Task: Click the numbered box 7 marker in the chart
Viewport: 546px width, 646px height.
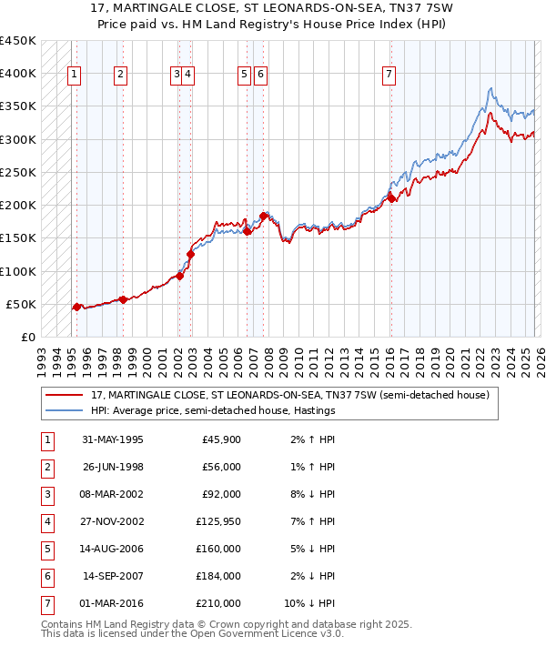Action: [389, 75]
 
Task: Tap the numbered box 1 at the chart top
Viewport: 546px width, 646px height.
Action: [74, 75]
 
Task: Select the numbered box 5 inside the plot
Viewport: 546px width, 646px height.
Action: [245, 75]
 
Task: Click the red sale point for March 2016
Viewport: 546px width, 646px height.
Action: [390, 198]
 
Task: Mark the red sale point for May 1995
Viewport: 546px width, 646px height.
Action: [76, 307]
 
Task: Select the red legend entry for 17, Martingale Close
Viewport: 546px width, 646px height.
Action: [290, 395]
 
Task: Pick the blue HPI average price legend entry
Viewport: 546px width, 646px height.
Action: [213, 411]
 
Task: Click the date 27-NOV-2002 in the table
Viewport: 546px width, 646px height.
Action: [113, 522]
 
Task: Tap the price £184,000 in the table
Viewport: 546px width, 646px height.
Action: [221, 575]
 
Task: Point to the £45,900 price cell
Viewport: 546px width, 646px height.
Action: [221, 440]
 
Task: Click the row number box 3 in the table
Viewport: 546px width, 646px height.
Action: [45, 495]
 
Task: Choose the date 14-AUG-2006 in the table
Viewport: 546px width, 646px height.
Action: [113, 549]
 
